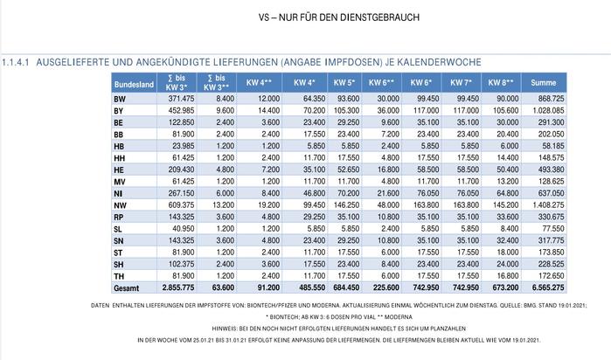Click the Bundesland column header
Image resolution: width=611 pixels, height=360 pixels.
134,84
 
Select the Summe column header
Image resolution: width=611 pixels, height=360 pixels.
543,83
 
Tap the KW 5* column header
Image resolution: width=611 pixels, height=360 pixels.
344,83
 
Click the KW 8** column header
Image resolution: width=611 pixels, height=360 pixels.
501,83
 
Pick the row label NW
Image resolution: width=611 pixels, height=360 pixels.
120,205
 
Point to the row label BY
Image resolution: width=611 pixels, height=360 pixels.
119,111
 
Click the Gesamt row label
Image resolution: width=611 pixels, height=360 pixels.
126,288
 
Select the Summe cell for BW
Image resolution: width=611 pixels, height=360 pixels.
548,99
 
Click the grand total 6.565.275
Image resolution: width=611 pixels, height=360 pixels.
548,287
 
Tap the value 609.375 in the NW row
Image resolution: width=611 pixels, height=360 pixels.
181,205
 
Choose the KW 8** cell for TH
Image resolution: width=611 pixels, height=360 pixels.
507,276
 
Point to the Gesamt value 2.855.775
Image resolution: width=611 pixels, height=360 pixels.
178,287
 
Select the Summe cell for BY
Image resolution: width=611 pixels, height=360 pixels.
548,111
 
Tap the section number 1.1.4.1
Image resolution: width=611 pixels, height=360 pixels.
16,62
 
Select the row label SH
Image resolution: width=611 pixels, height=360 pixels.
119,265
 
